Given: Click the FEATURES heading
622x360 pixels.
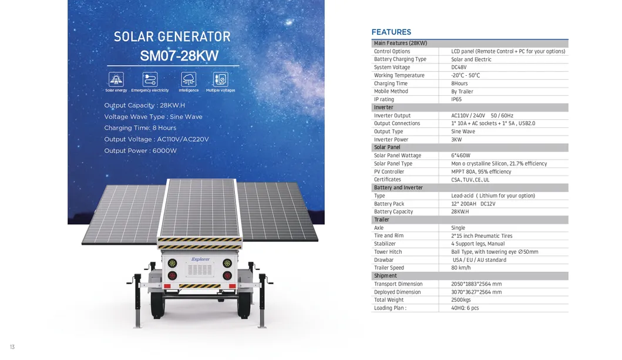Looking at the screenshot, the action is click(391, 32).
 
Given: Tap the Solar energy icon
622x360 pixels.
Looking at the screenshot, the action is click(116, 79).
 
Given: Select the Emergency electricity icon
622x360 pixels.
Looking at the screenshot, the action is click(150, 79).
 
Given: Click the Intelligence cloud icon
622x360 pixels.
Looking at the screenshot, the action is click(189, 79).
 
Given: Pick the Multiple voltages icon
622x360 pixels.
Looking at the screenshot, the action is click(221, 79).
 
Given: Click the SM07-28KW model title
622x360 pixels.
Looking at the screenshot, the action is click(179, 56).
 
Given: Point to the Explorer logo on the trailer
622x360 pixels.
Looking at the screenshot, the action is click(200, 260).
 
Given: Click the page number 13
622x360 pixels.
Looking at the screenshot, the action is click(12, 347).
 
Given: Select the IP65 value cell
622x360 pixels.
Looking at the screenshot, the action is click(456, 99).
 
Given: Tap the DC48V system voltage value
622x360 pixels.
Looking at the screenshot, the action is click(459, 68).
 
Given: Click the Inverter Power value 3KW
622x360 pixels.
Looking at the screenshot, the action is click(456, 140).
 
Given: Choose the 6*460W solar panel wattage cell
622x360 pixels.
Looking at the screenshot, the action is click(460, 156).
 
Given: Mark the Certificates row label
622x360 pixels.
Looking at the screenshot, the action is click(387, 180).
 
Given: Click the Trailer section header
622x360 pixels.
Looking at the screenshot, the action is click(381, 220).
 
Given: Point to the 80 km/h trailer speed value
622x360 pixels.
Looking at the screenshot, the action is click(460, 268).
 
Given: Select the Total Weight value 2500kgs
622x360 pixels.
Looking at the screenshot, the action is click(460, 300).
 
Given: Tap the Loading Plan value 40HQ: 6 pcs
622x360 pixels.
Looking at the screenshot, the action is click(465, 308).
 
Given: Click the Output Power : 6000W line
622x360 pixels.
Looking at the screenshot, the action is click(140, 151).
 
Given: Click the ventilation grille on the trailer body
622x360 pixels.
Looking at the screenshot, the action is click(200, 270).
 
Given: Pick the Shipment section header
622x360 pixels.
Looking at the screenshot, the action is click(385, 275).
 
